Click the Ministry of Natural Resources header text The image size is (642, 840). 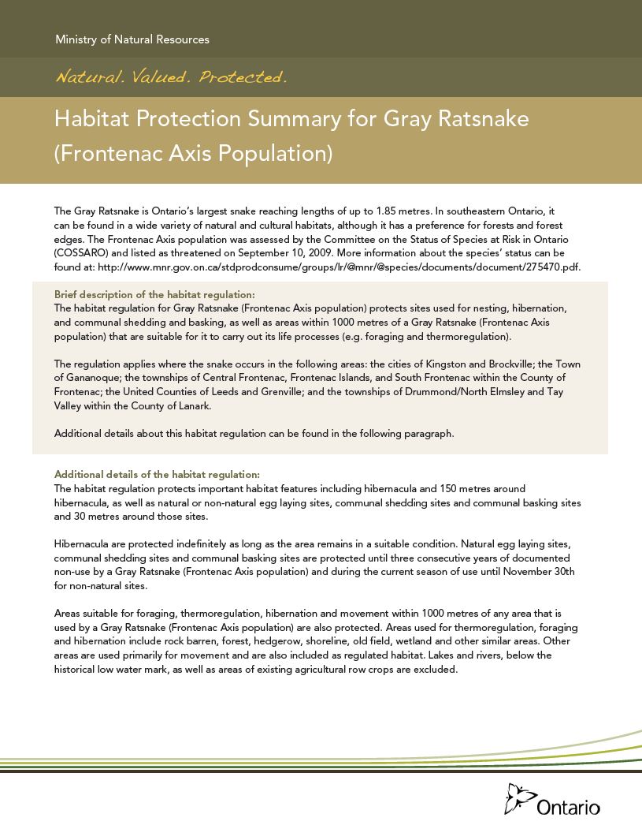point(132,39)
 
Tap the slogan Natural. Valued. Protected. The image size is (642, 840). point(170,77)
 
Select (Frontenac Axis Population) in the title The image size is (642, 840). point(193,153)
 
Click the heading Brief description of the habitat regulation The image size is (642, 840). point(154,293)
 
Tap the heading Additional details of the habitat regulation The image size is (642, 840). point(157,474)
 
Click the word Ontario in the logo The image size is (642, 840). point(568,808)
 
